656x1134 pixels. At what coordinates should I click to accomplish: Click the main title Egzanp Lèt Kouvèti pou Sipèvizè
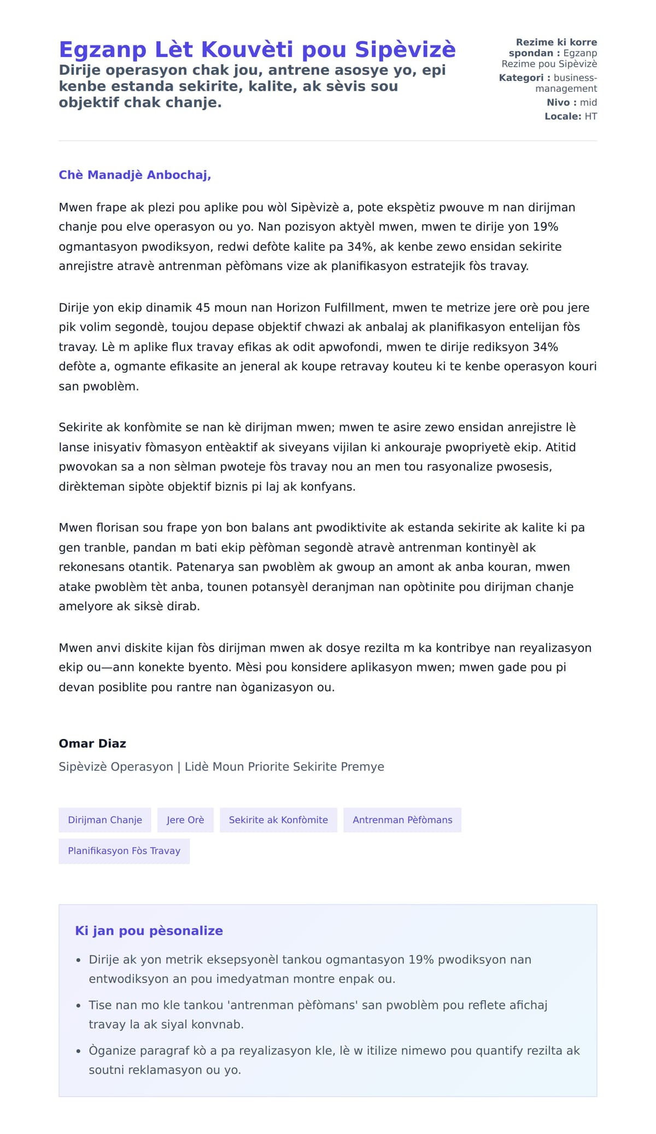[257, 50]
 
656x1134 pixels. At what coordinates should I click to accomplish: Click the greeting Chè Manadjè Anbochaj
[134, 175]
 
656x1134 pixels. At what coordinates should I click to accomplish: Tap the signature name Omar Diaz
[92, 743]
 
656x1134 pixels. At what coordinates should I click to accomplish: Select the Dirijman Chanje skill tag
[105, 820]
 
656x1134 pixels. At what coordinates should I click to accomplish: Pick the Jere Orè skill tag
[185, 820]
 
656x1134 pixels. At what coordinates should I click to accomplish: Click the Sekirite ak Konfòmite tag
[278, 820]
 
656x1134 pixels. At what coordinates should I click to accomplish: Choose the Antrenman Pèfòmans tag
[402, 820]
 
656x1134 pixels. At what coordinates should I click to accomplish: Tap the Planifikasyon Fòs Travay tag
[124, 851]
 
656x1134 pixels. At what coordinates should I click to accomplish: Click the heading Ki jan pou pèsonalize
[149, 931]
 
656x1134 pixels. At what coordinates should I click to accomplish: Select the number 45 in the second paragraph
[203, 308]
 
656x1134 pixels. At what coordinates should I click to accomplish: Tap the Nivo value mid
[588, 102]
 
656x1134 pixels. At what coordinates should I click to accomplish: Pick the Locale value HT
[590, 116]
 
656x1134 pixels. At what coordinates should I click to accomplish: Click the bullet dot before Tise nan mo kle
[78, 1006]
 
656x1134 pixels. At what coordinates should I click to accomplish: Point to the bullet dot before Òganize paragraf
[78, 1051]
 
